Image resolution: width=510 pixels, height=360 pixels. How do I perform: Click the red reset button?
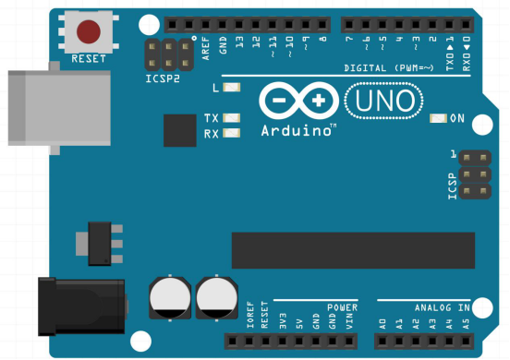click(x=89, y=32)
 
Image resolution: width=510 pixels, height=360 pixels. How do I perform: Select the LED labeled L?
click(x=230, y=89)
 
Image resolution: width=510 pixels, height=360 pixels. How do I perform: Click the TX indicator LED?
click(x=230, y=118)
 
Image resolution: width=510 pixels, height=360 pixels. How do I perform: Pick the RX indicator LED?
click(x=230, y=134)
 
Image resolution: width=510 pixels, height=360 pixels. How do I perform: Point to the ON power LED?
click(x=439, y=118)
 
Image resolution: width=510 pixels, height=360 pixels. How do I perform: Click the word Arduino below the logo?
click(x=297, y=130)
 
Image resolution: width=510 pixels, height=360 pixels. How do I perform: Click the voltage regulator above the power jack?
click(x=101, y=240)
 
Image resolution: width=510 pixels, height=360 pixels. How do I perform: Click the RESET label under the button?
click(x=89, y=59)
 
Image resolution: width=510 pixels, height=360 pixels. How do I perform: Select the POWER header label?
click(x=342, y=306)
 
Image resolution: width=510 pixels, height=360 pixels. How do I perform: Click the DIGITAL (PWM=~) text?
click(x=387, y=68)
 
